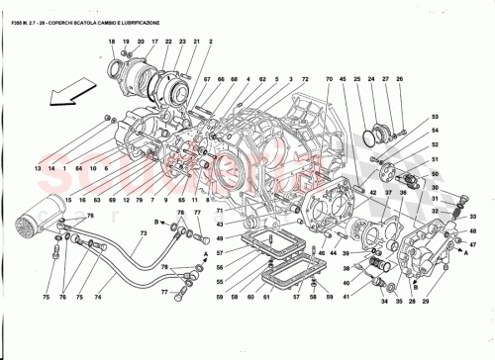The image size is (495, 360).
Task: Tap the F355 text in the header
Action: tap(19, 10)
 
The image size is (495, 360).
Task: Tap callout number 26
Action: tap(400, 78)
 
